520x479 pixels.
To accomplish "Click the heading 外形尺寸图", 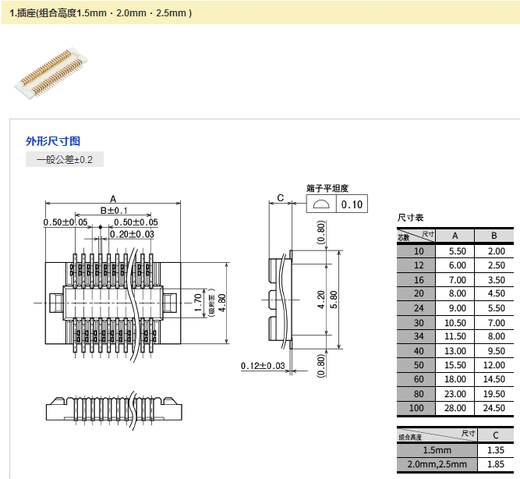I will pyautogui.click(x=53, y=141).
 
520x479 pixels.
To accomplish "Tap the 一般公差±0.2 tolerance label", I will pyautogui.click(x=64, y=160).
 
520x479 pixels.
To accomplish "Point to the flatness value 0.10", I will pyautogui.click(x=352, y=204).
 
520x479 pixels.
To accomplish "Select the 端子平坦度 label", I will pyautogui.click(x=327, y=189).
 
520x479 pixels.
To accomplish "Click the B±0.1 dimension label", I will pyautogui.click(x=114, y=211).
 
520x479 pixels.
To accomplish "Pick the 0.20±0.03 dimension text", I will pyautogui.click(x=132, y=234).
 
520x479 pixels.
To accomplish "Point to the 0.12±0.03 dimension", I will pyautogui.click(x=263, y=366).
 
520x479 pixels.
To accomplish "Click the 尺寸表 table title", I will pyautogui.click(x=410, y=218).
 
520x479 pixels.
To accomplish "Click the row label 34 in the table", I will pyautogui.click(x=419, y=337).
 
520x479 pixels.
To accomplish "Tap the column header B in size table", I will pyautogui.click(x=494, y=236).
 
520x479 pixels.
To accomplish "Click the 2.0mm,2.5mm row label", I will pyautogui.click(x=437, y=464).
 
